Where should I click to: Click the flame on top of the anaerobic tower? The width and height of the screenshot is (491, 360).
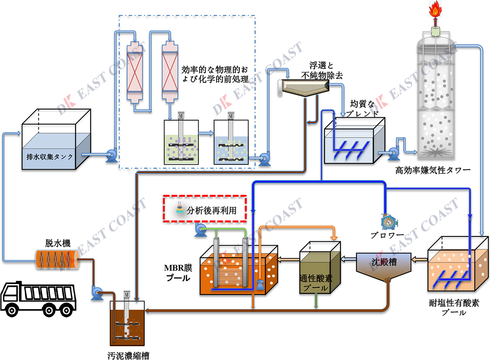(x=434, y=11)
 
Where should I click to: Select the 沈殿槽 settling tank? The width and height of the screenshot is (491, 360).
(x=385, y=265)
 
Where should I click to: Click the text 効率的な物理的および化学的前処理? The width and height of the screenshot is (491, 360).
(x=214, y=74)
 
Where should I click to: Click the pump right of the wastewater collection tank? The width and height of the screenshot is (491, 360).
(x=111, y=155)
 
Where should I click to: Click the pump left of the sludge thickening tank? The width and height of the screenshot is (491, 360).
(x=95, y=291)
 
